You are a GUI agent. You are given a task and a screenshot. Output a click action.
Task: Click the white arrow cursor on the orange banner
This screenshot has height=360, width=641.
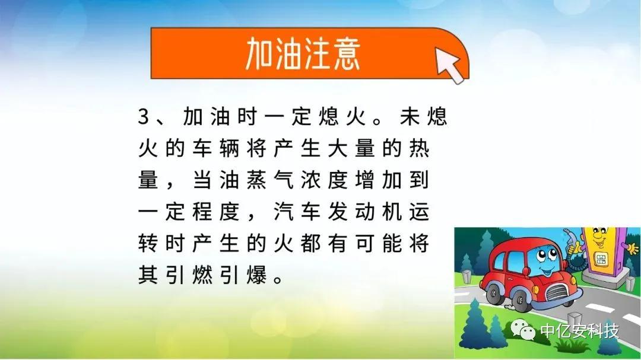click(449, 64)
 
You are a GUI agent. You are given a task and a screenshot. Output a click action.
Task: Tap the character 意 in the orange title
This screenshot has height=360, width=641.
click(347, 53)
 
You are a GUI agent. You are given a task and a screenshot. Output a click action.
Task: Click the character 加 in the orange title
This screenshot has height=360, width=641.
click(259, 53)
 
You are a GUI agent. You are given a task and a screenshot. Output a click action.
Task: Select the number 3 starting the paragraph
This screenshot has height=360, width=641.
click(144, 116)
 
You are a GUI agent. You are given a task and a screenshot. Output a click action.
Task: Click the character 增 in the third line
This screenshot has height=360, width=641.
click(364, 180)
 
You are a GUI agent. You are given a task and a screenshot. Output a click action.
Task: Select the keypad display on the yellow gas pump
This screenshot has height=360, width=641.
click(600, 259)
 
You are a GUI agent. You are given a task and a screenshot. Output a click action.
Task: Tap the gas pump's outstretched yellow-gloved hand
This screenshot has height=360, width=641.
click(633, 248)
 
